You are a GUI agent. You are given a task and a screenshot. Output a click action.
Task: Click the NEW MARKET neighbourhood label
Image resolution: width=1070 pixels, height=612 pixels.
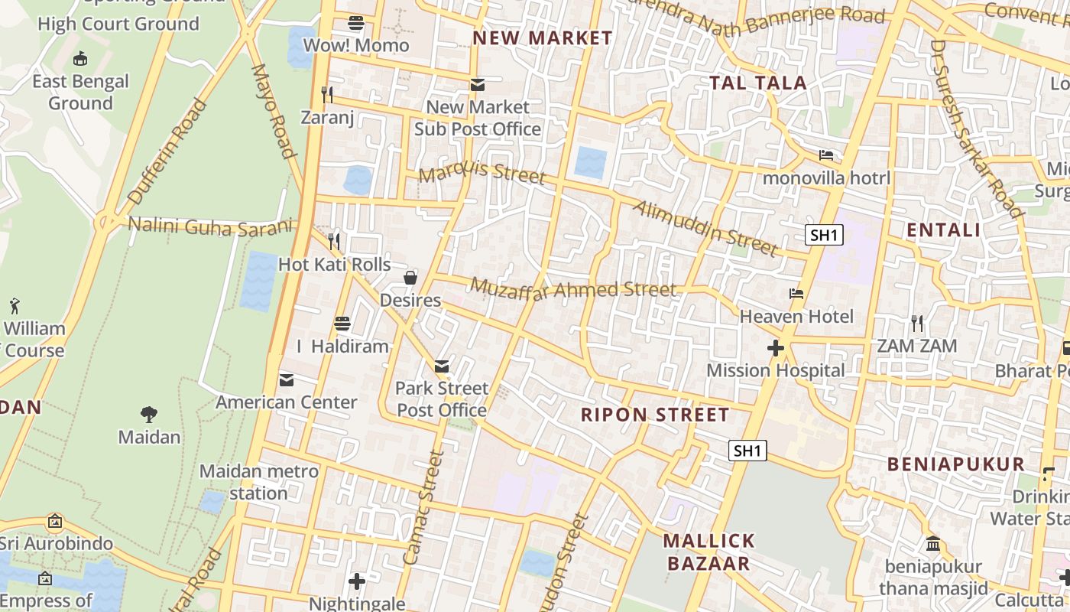click(543, 37)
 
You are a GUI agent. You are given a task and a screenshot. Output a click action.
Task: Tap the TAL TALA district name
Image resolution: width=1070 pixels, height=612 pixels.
click(758, 83)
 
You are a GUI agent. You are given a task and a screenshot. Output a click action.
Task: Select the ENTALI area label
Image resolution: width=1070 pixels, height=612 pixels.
click(943, 229)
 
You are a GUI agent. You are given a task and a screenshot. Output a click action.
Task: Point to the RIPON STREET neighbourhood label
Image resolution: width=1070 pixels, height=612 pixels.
click(655, 415)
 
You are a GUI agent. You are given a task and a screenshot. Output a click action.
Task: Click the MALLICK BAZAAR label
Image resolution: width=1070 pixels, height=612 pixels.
click(708, 552)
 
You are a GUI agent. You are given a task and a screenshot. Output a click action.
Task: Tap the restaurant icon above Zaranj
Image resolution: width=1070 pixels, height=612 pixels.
click(328, 94)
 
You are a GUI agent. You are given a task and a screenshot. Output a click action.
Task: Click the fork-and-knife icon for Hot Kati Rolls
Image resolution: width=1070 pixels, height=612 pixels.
click(334, 241)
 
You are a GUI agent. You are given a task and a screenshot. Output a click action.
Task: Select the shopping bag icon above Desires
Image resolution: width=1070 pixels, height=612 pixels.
click(410, 277)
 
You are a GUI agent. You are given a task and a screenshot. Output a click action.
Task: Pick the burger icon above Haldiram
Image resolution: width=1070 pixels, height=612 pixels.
click(342, 323)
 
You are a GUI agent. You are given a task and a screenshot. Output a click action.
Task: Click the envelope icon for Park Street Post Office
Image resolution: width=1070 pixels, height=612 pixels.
click(442, 366)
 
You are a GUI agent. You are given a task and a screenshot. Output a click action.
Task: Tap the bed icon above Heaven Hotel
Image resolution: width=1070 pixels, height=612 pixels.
click(796, 293)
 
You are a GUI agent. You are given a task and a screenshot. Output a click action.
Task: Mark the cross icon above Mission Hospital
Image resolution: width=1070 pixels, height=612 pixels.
click(776, 348)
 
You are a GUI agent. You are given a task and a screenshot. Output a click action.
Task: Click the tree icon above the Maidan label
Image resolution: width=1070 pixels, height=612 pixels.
click(149, 415)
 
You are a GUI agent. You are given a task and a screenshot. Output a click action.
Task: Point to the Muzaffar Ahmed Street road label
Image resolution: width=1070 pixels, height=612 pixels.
click(573, 289)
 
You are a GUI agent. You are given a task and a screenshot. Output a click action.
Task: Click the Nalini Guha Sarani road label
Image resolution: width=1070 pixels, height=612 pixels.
click(211, 226)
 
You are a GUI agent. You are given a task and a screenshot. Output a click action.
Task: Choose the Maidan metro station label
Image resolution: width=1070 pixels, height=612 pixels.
click(258, 482)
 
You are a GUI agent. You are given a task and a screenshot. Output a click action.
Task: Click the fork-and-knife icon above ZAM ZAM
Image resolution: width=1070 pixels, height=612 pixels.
click(917, 323)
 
